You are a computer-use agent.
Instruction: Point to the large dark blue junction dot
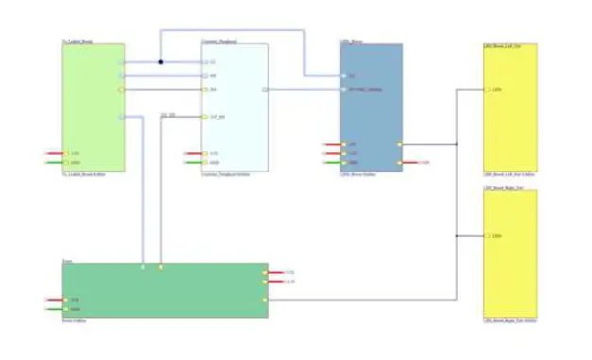(161, 62)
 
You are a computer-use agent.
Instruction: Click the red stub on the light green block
(53, 153)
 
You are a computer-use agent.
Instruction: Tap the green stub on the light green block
(53, 163)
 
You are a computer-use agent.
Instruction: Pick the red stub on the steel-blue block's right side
(413, 163)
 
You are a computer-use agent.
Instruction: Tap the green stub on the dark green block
(53, 309)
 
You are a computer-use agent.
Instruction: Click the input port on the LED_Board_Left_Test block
(486, 91)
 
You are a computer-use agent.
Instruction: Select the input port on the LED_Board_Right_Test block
(486, 234)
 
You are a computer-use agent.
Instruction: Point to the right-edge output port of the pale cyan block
(265, 90)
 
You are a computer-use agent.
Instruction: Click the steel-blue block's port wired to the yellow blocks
(399, 145)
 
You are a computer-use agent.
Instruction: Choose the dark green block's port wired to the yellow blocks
(265, 300)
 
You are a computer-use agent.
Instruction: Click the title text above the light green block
(78, 41)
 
